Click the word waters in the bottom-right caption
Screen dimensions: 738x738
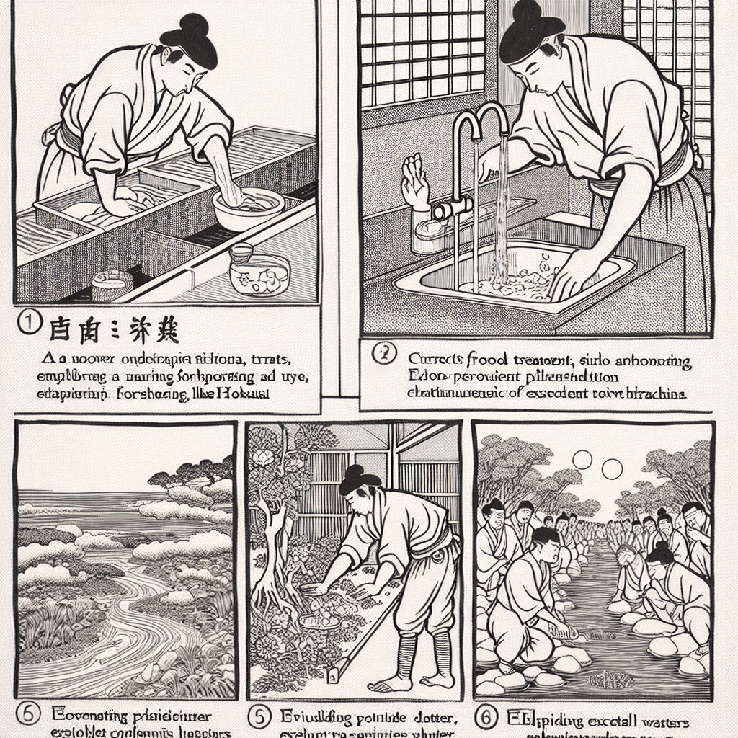click(x=663, y=721)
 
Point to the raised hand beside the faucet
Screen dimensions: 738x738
click(x=416, y=181)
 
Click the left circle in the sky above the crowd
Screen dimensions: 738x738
click(x=582, y=460)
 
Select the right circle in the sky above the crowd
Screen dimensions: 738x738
click(x=612, y=470)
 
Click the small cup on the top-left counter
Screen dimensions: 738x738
click(x=112, y=285)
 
